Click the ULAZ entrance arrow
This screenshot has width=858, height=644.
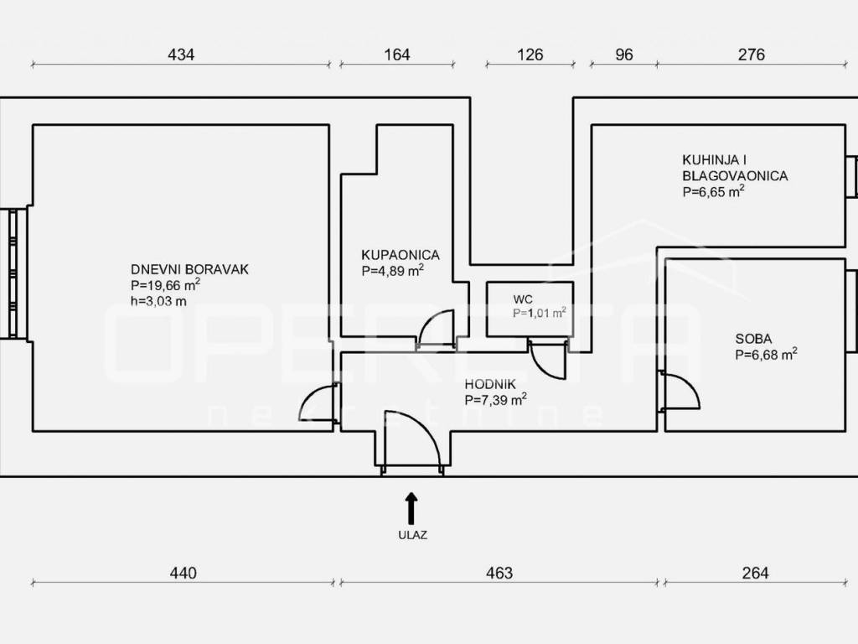[411, 509]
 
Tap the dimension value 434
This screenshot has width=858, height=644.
[181, 55]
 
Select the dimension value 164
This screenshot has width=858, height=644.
[396, 55]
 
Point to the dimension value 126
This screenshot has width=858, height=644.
[530, 55]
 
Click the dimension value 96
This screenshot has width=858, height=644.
[623, 55]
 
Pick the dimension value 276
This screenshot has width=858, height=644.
[752, 55]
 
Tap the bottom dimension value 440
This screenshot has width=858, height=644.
[183, 574]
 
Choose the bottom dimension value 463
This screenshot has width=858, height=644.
[499, 574]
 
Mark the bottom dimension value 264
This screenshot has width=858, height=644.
[755, 574]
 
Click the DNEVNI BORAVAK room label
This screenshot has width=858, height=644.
[189, 269]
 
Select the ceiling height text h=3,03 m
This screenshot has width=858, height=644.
[158, 301]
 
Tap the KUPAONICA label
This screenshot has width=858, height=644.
[400, 255]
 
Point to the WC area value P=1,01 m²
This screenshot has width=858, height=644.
[539, 314]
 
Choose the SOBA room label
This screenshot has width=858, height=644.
[753, 339]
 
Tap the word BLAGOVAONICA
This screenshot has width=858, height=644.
[735, 176]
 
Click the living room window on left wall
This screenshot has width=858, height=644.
[13, 274]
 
